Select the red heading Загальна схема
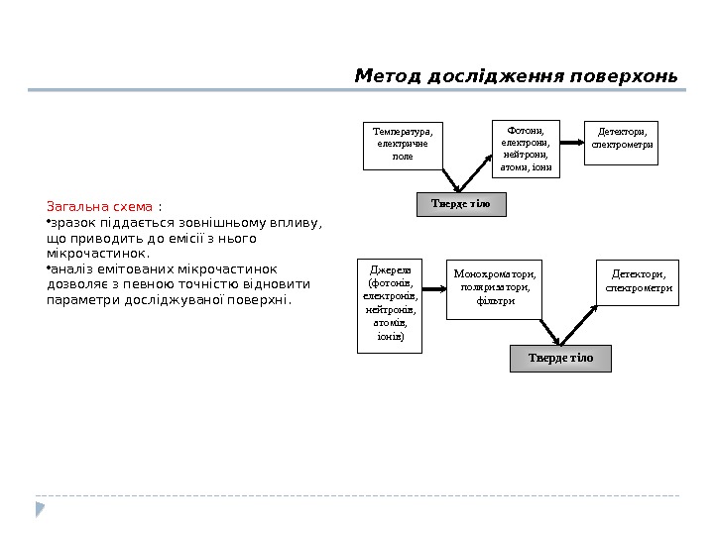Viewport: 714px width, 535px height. (99, 207)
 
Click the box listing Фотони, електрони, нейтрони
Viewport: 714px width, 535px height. (526, 148)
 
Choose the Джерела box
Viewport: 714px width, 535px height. (390, 304)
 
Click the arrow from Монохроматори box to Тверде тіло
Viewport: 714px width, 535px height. (551, 331)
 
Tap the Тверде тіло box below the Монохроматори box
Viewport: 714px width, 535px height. (560, 358)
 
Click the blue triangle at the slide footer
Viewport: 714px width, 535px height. (41, 509)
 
